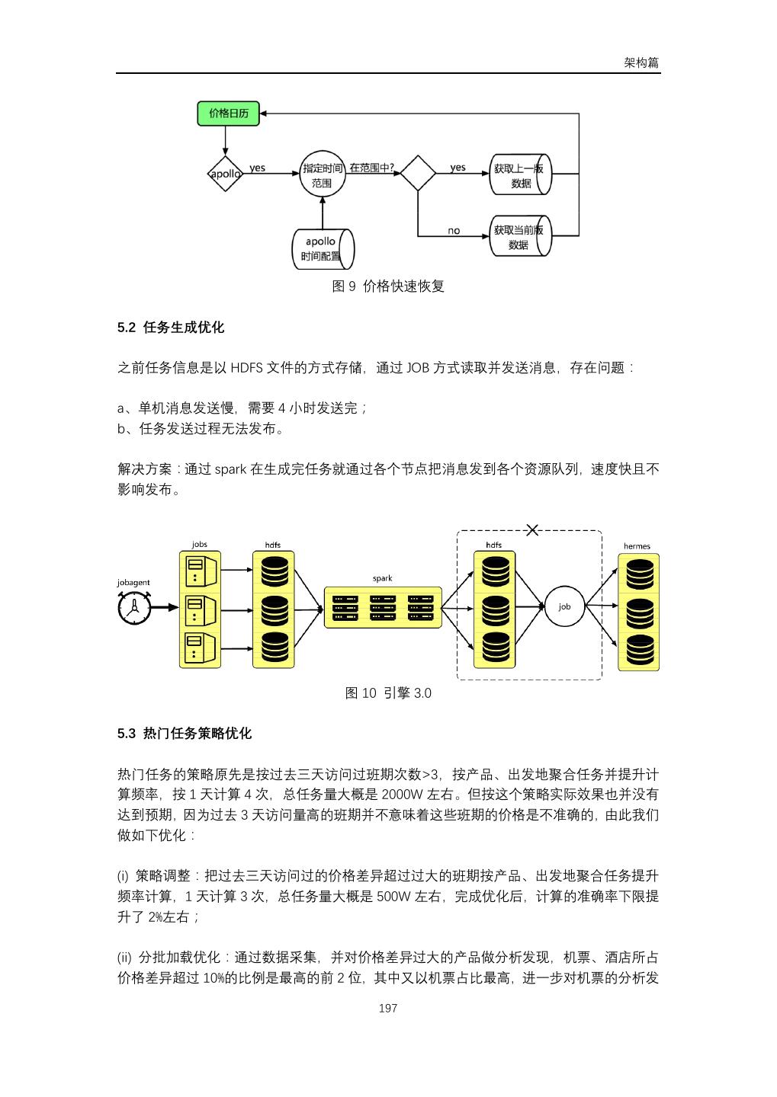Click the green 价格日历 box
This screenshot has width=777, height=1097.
tap(228, 114)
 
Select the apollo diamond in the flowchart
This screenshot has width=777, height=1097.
tap(225, 174)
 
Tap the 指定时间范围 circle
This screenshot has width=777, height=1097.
tap(323, 174)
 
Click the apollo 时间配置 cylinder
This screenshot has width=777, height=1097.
tap(323, 248)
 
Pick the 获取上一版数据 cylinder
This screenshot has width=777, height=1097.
tap(520, 174)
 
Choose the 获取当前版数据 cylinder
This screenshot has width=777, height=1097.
tap(520, 236)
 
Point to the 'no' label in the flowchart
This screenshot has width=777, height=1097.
tap(454, 231)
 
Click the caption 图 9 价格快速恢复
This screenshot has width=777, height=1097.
tap(388, 286)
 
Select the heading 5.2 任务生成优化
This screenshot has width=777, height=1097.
tap(171, 328)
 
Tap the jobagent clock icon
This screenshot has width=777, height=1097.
tap(133, 609)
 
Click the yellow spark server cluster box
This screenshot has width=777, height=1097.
tap(383, 607)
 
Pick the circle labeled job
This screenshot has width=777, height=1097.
tap(564, 606)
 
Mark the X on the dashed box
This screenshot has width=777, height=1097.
tap(532, 530)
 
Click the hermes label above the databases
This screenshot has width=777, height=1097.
tap(637, 546)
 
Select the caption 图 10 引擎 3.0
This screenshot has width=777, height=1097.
tap(388, 693)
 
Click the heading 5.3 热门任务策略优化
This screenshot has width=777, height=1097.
tap(185, 734)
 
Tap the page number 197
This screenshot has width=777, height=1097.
tap(388, 1009)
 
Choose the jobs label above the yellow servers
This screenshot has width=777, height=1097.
tap(199, 545)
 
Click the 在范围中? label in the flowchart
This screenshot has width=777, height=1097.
tap(371, 168)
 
